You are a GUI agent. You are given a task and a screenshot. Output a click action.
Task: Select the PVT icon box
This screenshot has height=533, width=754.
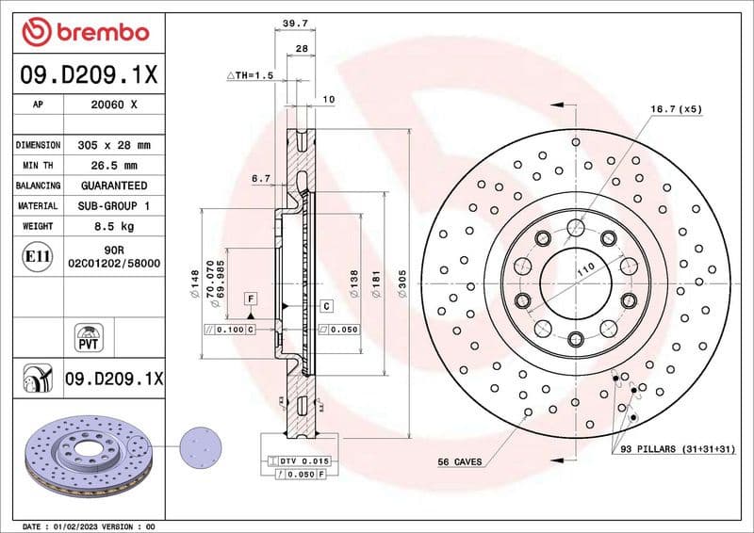(x=89, y=335)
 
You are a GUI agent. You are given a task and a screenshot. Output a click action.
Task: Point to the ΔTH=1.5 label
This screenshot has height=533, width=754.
(x=250, y=73)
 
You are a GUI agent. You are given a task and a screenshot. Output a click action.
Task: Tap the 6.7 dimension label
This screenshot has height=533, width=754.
(x=261, y=177)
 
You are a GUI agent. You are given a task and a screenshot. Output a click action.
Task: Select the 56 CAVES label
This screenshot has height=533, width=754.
(x=460, y=461)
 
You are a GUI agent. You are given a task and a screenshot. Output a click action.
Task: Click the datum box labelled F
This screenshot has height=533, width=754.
(x=251, y=299)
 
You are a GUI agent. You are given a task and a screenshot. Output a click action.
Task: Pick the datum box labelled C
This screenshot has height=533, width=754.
(x=326, y=305)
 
